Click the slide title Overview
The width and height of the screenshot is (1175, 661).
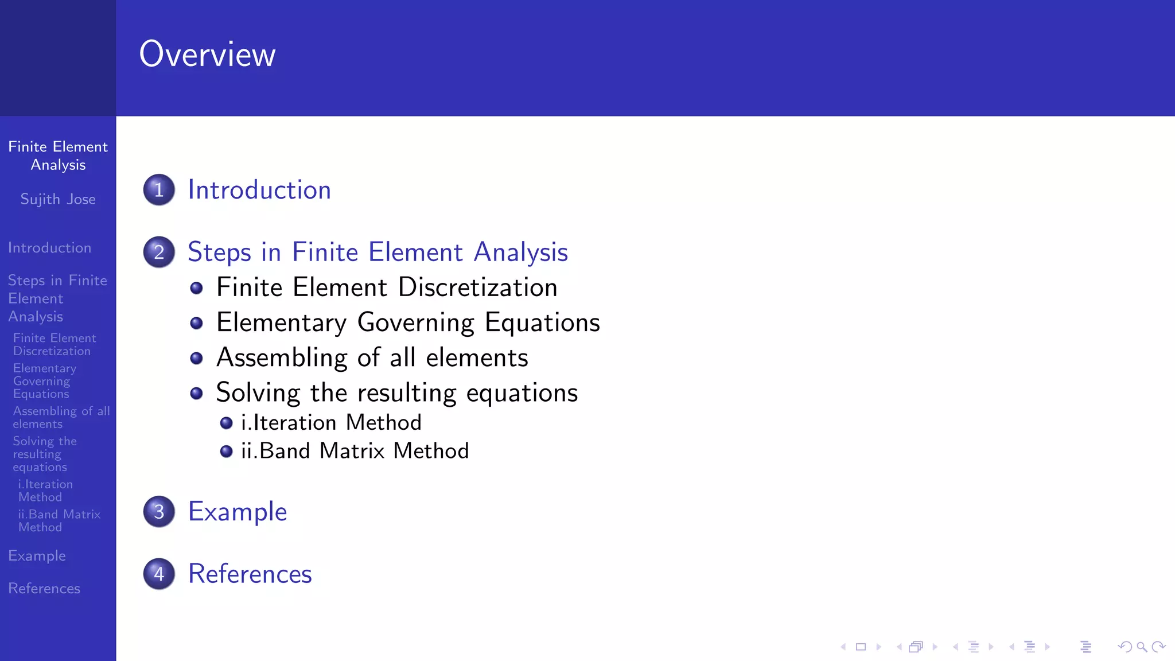click(207, 55)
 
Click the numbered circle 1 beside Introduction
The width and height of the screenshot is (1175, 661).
click(159, 190)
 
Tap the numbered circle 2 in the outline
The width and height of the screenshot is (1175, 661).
click(159, 252)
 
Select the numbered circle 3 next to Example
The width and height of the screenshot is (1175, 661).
click(159, 511)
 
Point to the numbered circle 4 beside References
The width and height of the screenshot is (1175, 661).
click(159, 573)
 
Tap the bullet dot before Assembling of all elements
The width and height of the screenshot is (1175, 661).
click(196, 359)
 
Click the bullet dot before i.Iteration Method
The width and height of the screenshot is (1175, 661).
click(226, 423)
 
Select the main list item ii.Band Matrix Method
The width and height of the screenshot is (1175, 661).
click(355, 451)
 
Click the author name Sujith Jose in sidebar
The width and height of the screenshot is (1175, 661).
click(58, 199)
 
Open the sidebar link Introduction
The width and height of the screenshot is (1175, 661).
click(49, 248)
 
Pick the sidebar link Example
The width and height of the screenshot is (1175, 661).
click(37, 556)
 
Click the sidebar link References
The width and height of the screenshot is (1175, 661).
click(44, 589)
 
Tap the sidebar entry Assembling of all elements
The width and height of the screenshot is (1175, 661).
click(61, 418)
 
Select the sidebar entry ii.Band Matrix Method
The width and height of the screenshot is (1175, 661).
click(59, 520)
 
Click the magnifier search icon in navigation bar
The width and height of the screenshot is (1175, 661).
click(1142, 647)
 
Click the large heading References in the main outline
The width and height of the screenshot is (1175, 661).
click(250, 574)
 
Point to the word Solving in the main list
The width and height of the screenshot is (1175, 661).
click(258, 393)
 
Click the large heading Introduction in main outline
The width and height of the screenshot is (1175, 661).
click(259, 190)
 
